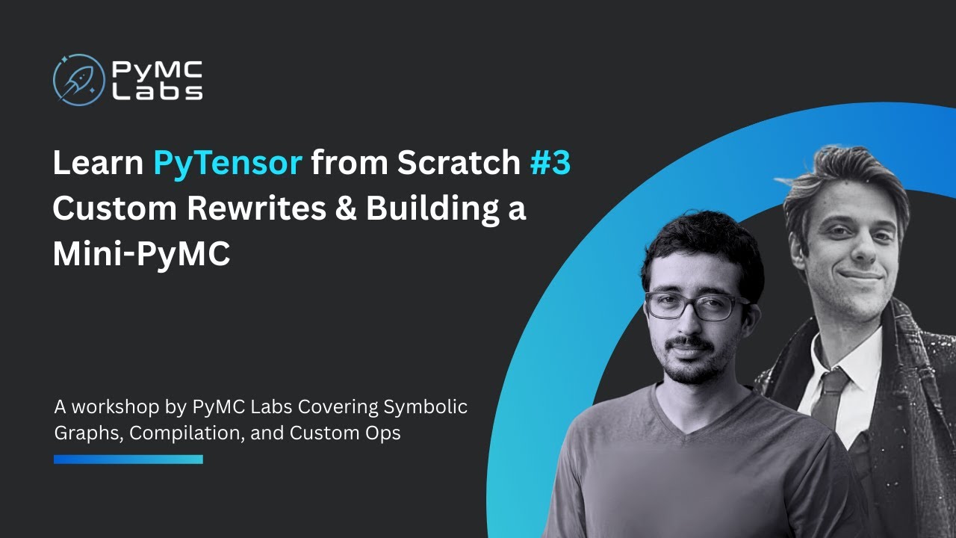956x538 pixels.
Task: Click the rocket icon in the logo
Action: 78,79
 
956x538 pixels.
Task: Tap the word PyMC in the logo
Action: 157,70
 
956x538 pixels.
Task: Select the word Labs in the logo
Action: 157,91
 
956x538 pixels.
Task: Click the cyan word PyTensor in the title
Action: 228,164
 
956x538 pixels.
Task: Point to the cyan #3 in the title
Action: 550,164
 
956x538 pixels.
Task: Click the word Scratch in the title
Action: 459,164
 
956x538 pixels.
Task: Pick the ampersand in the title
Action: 346,209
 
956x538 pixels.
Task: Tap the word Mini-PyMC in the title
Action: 141,255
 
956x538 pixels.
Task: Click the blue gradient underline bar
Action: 128,459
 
